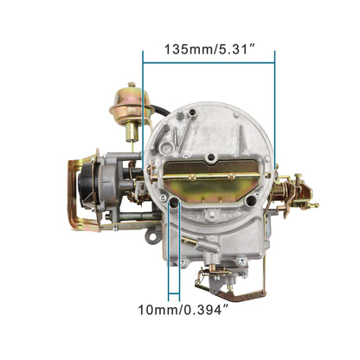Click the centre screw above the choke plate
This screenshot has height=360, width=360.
coord(210,157)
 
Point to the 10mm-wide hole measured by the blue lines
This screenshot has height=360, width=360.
coord(175,203)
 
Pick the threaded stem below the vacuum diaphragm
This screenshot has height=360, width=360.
coord(131,132)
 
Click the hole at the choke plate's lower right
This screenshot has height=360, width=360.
coord(245,203)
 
